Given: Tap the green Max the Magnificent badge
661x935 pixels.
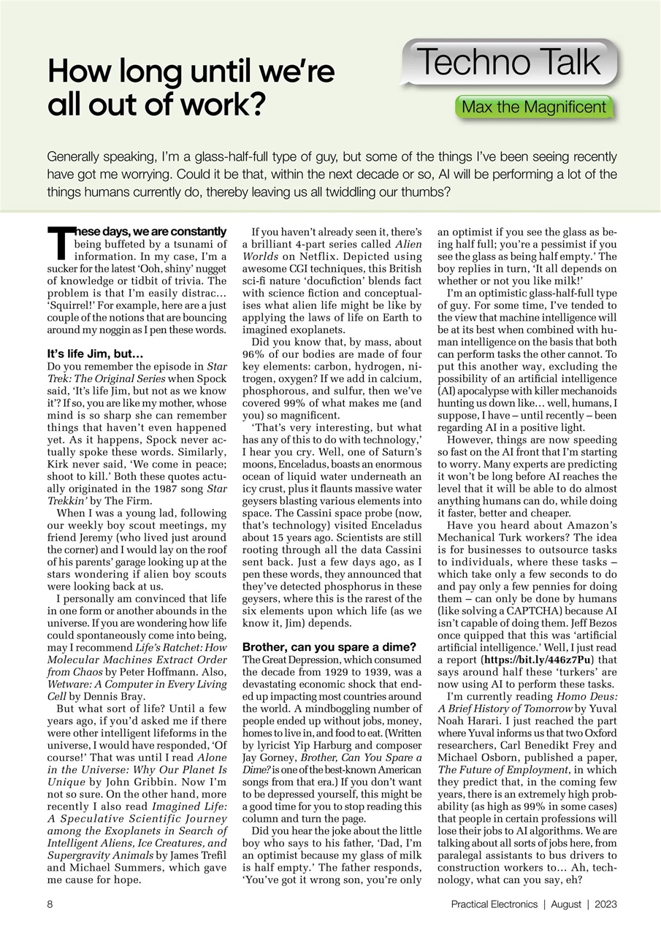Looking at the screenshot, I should (534, 107).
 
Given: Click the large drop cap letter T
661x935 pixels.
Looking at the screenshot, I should (59, 243).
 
